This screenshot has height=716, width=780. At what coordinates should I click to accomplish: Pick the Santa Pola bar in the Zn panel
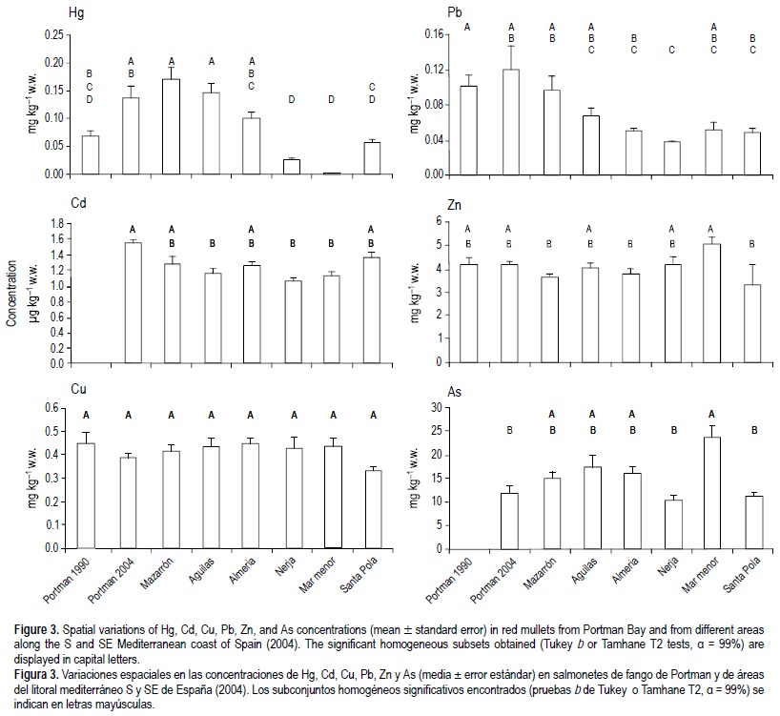pos(753,324)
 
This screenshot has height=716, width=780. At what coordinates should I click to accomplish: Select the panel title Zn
pos(456,204)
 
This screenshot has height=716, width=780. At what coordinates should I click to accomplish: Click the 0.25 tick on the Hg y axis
pos(54,35)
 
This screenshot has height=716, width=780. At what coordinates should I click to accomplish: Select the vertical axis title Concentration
pos(12,290)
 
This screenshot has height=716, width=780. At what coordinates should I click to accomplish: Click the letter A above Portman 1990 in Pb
pos(467,27)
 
